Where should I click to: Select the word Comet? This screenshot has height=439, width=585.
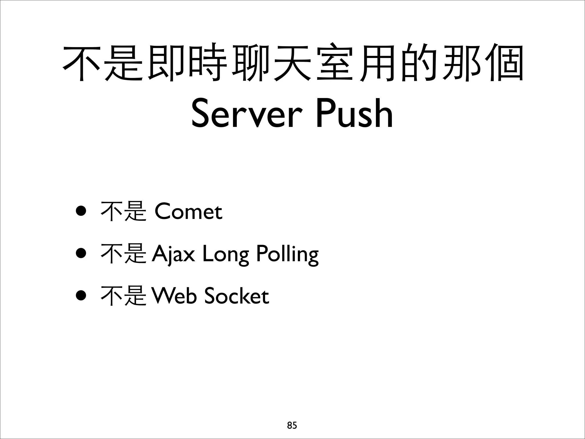(188, 212)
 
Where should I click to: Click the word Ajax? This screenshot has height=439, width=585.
(173, 254)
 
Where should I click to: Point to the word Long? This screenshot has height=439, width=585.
(225, 254)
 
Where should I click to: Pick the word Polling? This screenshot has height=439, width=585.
(287, 254)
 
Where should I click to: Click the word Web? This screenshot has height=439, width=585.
(174, 296)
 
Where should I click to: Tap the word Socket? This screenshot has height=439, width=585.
(237, 296)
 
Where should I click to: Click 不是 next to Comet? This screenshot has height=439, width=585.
(123, 212)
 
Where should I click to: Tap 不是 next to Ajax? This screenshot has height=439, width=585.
(123, 254)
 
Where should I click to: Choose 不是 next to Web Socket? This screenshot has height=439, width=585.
(123, 296)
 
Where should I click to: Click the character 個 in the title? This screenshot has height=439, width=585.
(503, 62)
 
